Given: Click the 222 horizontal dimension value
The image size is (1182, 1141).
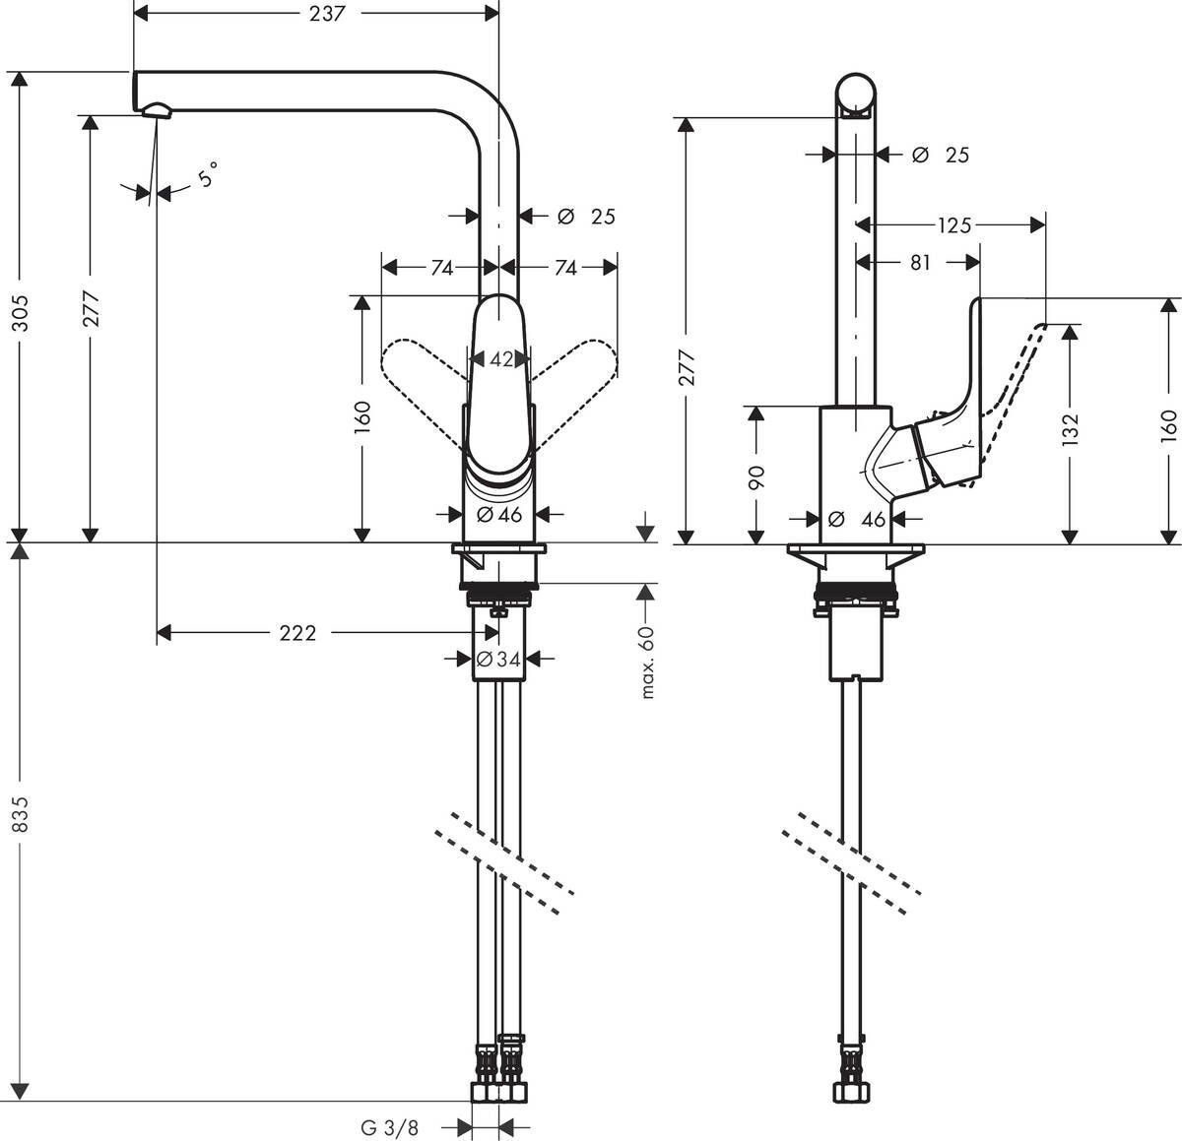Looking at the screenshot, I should (x=297, y=633).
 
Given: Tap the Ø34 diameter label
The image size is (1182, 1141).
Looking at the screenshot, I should (x=497, y=659).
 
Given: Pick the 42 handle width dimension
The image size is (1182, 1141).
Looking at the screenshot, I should (x=501, y=360).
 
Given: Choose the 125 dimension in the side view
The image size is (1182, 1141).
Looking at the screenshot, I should (x=953, y=226).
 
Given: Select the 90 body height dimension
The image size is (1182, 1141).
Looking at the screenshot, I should (x=756, y=475).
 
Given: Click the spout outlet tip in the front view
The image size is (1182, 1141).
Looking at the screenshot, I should (x=158, y=110).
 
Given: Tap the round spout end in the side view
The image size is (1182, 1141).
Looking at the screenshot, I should (x=855, y=95).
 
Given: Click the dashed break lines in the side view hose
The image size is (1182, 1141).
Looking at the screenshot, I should (x=852, y=855).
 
